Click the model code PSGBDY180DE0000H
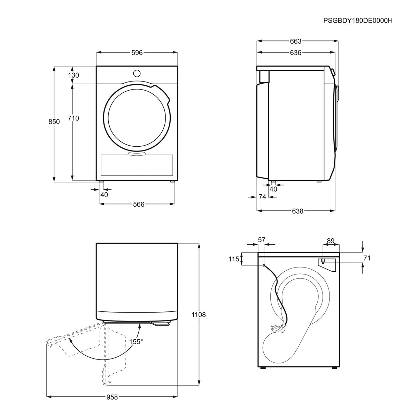358,21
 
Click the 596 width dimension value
137,53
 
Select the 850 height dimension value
54,122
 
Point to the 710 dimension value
73,118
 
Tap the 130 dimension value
73,75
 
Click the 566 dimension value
139,204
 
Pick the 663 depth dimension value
296,41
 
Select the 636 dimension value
296,53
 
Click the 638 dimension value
297,211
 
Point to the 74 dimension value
262,197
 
